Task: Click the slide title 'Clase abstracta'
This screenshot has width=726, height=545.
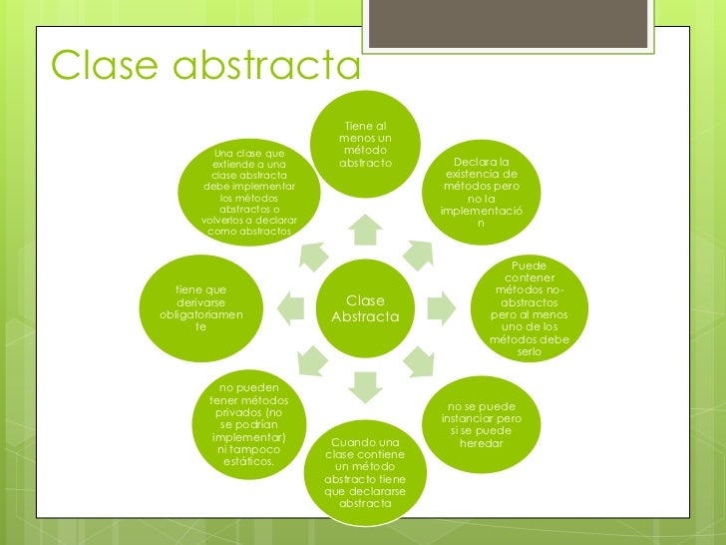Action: pos(204,66)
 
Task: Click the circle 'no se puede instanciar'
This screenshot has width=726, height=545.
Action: pos(481,425)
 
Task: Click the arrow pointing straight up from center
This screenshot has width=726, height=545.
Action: pos(365,229)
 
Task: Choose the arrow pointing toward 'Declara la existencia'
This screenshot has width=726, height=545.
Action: pos(418,253)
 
